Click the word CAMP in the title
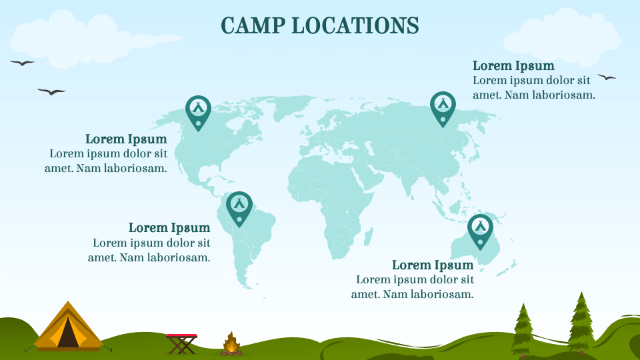[253, 25]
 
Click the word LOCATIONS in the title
[355, 25]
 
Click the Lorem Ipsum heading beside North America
[126, 139]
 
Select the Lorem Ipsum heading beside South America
[169, 228]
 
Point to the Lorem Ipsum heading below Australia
[433, 265]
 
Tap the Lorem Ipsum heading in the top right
[513, 66]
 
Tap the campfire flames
[231, 343]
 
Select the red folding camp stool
[181, 343]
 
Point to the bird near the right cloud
[607, 77]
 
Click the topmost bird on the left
[22, 63]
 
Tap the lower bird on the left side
[51, 91]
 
